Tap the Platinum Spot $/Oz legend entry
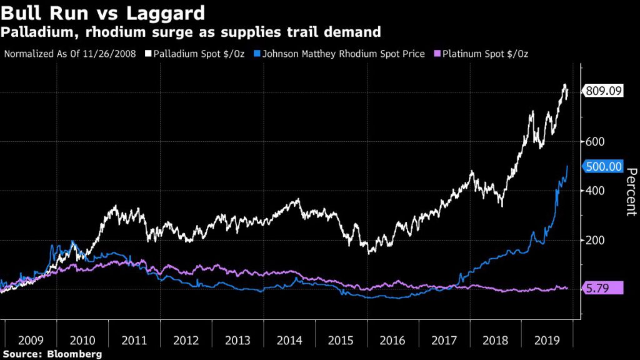(x=484, y=54)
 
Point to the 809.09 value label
(x=603, y=91)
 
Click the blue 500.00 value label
(x=603, y=166)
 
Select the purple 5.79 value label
(x=603, y=287)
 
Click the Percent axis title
(x=630, y=191)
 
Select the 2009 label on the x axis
(x=31, y=341)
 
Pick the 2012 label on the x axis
(x=186, y=341)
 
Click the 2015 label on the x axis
(x=341, y=341)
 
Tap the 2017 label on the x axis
(x=444, y=341)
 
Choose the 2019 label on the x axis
(x=547, y=341)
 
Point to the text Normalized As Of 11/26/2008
(x=70, y=54)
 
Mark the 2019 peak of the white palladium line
(x=564, y=84)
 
